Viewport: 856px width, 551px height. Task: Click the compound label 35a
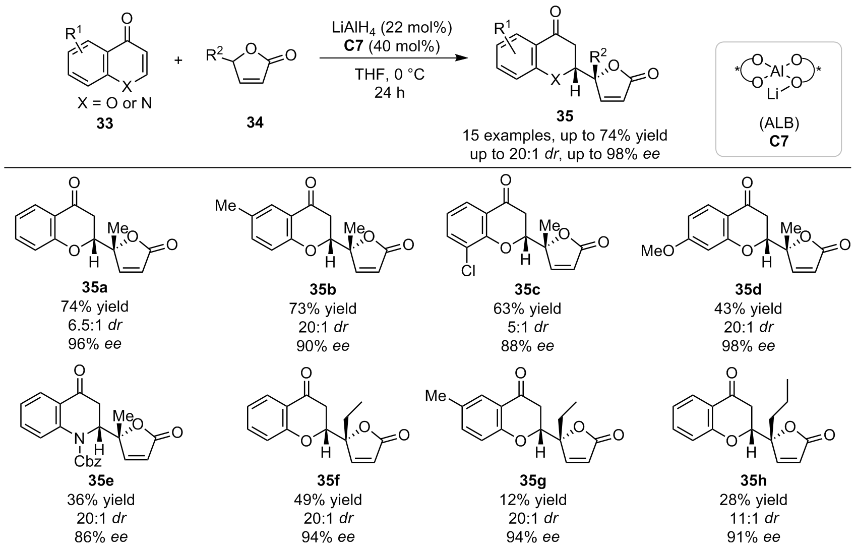coord(94,288)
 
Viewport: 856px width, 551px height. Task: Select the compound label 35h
coord(753,481)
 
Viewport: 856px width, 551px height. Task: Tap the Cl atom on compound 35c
coord(468,271)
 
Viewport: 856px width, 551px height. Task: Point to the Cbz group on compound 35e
coord(88,461)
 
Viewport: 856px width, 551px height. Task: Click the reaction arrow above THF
coord(394,58)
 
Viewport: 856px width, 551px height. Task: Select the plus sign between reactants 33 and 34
coord(178,60)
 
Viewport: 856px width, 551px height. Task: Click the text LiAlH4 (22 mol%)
coord(392,29)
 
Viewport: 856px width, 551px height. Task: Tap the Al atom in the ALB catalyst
coord(777,71)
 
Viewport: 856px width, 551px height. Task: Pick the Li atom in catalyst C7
coord(773,94)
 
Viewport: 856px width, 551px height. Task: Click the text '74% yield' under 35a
coord(94,307)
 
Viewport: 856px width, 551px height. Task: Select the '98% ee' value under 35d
coord(748,346)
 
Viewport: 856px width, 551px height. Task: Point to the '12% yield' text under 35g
coord(533,500)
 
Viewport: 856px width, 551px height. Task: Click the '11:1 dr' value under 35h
coord(753,518)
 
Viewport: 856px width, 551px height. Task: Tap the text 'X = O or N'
coord(114,103)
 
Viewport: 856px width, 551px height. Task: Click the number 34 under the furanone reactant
coord(255,123)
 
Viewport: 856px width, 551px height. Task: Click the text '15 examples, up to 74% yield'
coord(565,135)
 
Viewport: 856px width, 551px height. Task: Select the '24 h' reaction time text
coord(389,92)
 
